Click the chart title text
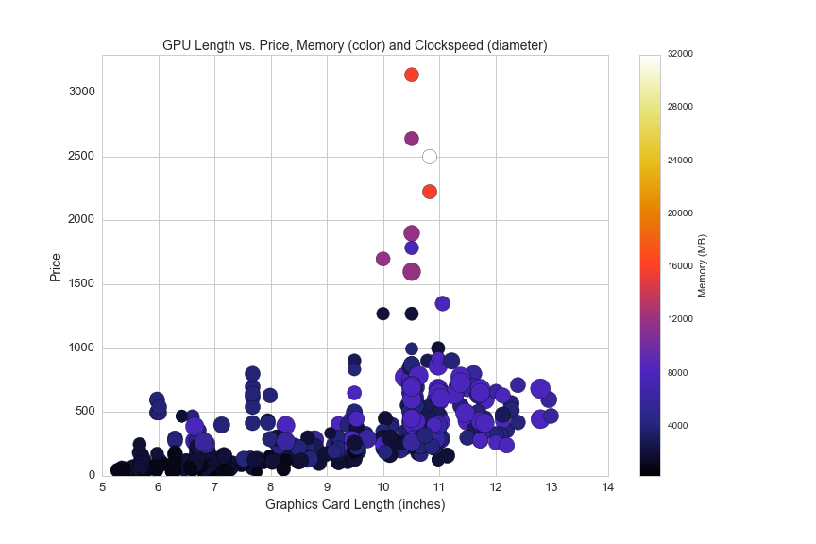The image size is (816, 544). coord(354,45)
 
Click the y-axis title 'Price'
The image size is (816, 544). coord(57,267)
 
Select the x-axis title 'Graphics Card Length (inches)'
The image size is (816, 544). coord(354,504)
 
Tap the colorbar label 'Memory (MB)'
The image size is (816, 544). coord(703,265)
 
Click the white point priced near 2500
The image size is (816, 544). coord(430,157)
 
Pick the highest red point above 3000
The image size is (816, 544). coord(412,75)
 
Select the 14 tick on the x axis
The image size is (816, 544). coord(607,488)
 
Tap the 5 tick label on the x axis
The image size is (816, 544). coord(102,488)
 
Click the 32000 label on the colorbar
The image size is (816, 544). coord(680,54)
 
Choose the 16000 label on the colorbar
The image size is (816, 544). coord(680,265)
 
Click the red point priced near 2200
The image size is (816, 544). coord(430,192)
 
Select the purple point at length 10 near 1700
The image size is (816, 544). coord(382,259)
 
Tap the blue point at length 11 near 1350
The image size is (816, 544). coord(442,303)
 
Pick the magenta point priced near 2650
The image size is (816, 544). coord(412,139)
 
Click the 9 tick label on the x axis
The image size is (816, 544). coord(327,488)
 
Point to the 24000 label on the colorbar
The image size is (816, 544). coord(680,160)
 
